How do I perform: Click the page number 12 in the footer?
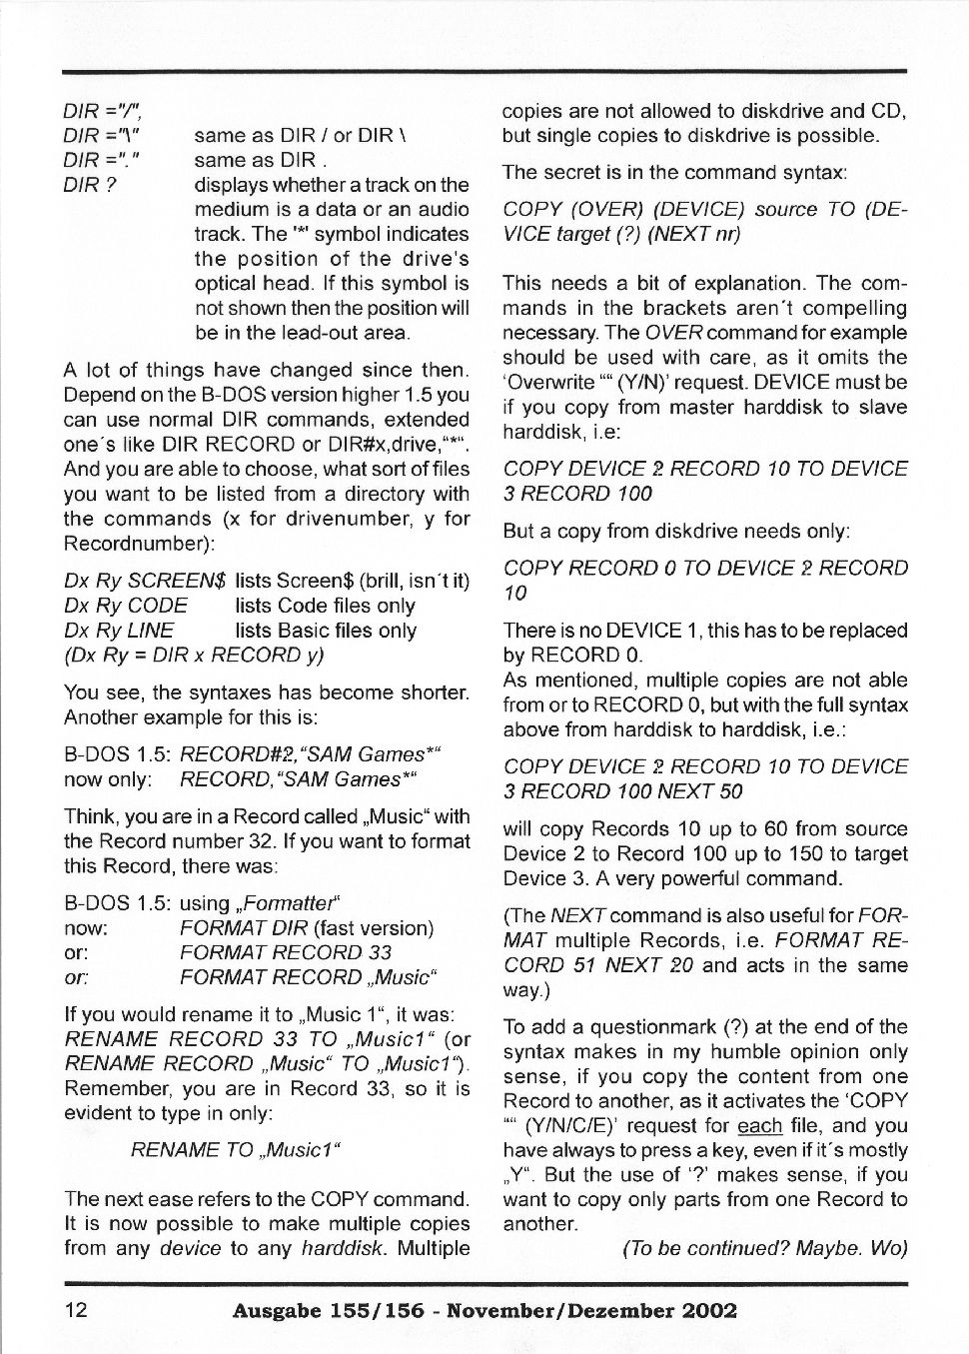click(x=76, y=1311)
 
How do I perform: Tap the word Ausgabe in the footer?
click(x=274, y=1311)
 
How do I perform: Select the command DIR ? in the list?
click(x=90, y=185)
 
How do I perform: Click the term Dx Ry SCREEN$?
click(x=146, y=581)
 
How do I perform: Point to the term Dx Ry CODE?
click(x=126, y=606)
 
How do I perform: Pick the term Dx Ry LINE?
click(x=119, y=631)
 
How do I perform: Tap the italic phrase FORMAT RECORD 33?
click(x=286, y=952)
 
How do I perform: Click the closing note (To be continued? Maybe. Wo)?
click(x=764, y=1249)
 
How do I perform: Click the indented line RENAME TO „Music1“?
click(x=236, y=1150)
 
